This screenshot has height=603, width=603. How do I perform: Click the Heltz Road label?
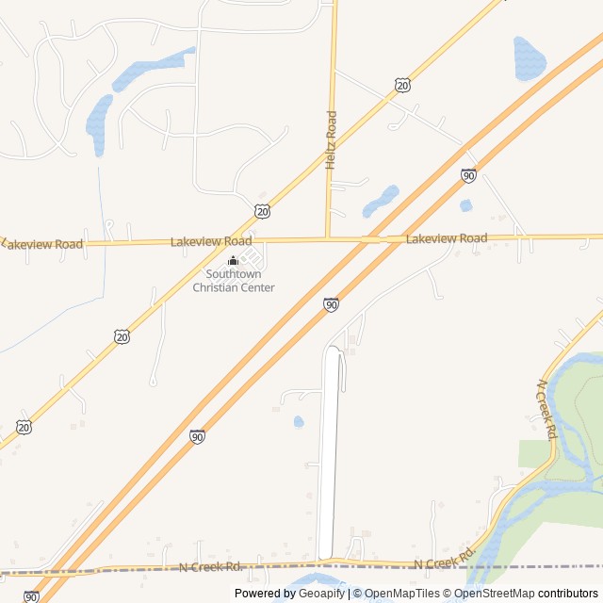(331, 140)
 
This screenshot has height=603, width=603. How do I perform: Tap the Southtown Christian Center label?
(234, 281)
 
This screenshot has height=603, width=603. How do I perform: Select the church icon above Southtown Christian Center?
(234, 261)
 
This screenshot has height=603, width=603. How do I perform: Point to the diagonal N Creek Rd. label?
(546, 410)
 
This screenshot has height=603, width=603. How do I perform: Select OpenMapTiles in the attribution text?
(401, 594)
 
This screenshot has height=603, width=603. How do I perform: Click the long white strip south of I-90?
(328, 452)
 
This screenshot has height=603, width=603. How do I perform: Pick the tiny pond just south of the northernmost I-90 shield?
(465, 205)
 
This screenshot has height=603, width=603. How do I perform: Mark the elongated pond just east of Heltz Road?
(382, 201)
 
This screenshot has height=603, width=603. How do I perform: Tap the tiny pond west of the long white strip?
(299, 421)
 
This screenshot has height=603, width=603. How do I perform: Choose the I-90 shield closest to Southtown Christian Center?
(331, 304)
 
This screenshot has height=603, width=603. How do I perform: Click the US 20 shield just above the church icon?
(262, 209)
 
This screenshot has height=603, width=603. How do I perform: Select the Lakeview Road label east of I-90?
(447, 239)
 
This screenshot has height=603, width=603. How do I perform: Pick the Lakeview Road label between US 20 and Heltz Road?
(211, 242)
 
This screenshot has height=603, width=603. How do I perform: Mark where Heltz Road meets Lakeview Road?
(327, 239)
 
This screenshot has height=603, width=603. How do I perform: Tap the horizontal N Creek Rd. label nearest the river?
(443, 563)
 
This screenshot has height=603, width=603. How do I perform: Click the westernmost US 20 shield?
(24, 427)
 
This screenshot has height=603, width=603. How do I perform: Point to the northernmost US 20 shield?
(403, 86)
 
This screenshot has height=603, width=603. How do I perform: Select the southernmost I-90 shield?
(31, 596)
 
